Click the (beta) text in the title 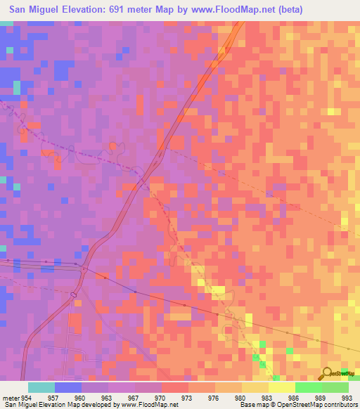[x=288, y=10]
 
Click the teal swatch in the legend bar [x=41, y=387]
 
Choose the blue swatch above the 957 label [x=68, y=387]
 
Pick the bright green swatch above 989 [x=308, y=387]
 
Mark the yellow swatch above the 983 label [x=255, y=387]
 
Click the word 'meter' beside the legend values [x=11, y=398]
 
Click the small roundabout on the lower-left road [x=73, y=294]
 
